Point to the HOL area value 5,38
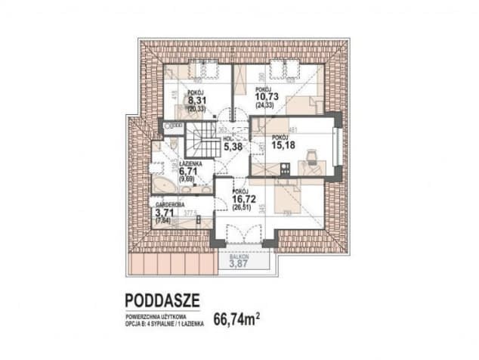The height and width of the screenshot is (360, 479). pyautogui.click(x=232, y=147)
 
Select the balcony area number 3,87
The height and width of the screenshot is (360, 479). pyautogui.click(x=239, y=264)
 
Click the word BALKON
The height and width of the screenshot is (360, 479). pyautogui.click(x=239, y=256)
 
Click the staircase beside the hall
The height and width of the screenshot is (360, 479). pyautogui.click(x=202, y=141)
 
